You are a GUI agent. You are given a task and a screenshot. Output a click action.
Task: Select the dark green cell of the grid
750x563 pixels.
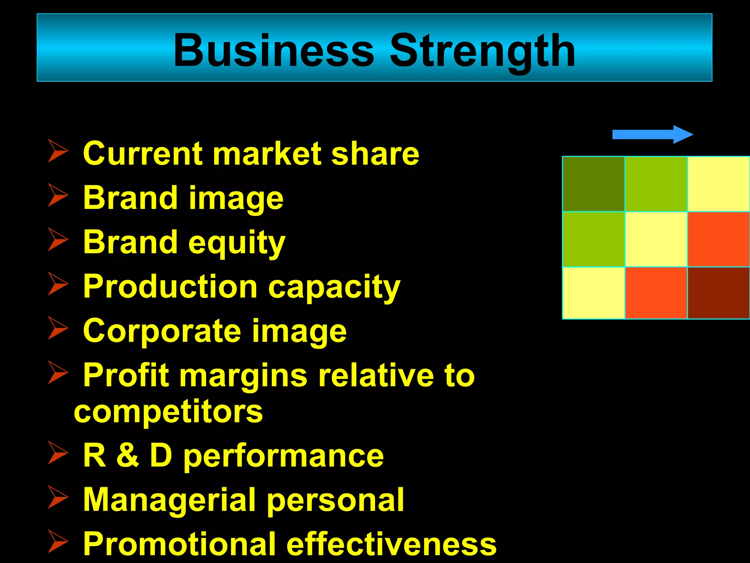(593, 184)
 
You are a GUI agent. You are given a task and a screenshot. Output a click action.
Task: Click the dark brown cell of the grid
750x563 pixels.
(719, 292)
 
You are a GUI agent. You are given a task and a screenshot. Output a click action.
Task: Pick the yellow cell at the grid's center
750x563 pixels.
(656, 239)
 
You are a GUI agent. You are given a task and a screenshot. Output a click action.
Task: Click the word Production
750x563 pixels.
(170, 287)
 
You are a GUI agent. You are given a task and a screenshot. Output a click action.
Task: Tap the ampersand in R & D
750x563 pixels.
(128, 456)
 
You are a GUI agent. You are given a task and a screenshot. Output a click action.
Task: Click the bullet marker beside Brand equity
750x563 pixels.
(57, 240)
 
